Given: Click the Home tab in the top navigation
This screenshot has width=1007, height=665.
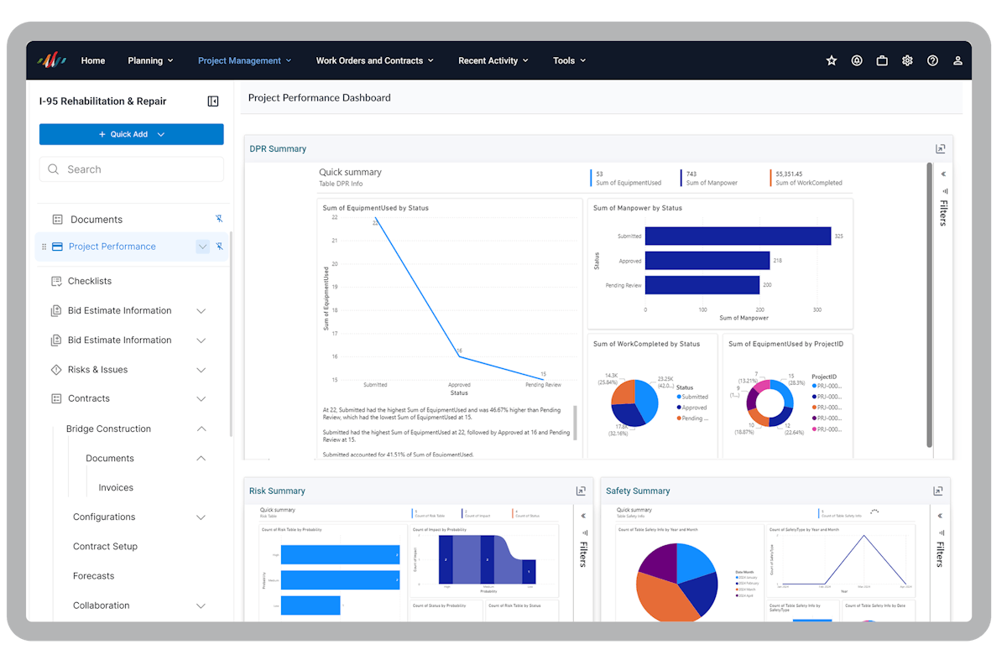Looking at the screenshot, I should (x=92, y=60).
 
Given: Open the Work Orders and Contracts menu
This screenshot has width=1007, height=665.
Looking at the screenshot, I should (x=374, y=60).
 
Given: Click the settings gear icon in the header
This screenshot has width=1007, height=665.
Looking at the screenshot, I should (x=907, y=60).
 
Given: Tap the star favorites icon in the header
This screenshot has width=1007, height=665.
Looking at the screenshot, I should (x=832, y=60).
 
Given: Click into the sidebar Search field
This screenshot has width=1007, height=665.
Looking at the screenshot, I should (x=132, y=169).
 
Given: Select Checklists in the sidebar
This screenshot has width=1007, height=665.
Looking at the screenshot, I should (x=90, y=281).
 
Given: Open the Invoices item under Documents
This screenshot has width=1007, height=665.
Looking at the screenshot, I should (x=116, y=487).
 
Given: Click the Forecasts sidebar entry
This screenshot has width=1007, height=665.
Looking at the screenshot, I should (x=93, y=576).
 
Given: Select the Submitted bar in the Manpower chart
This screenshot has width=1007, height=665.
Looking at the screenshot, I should (x=738, y=236).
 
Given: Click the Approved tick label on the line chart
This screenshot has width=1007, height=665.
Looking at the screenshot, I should (x=459, y=385).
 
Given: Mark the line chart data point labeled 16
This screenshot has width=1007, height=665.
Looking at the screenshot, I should (x=459, y=356).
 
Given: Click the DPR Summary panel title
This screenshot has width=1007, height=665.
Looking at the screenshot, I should (x=278, y=149).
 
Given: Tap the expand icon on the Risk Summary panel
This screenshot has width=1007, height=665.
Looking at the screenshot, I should (x=581, y=491).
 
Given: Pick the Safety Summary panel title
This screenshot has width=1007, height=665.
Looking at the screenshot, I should (x=638, y=491).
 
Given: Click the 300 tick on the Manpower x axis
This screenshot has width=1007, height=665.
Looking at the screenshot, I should (x=817, y=309).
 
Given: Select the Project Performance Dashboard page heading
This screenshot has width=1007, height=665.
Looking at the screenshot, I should (x=319, y=97).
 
